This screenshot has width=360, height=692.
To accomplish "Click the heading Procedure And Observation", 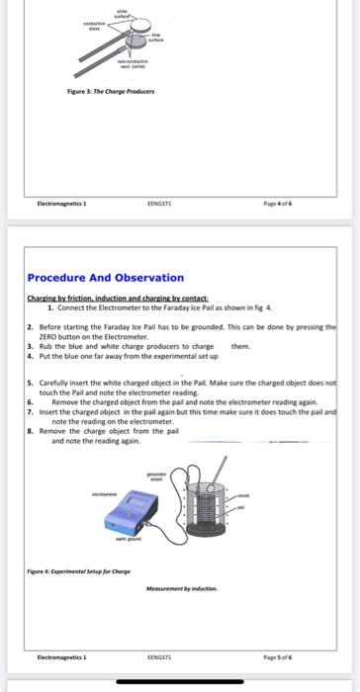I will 105,278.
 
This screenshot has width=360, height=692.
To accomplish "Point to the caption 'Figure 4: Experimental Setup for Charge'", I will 78,571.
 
